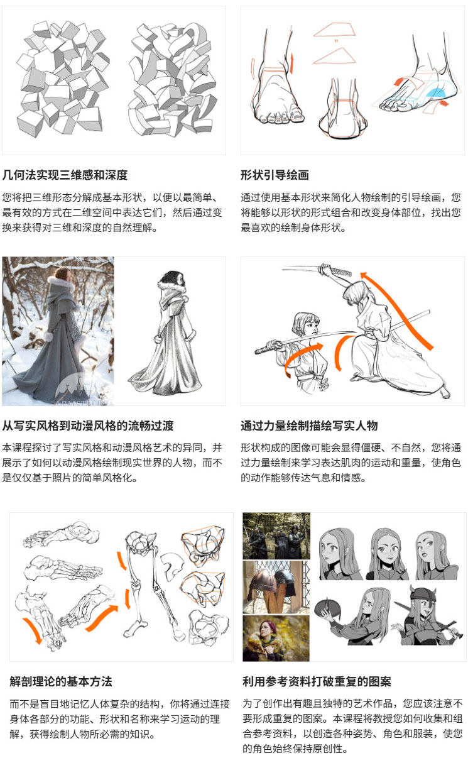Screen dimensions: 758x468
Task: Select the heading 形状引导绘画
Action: pyautogui.click(x=275, y=175)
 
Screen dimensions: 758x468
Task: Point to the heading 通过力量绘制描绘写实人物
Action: pyautogui.click(x=309, y=426)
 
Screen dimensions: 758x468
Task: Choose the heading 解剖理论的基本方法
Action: pyautogui.click(x=61, y=681)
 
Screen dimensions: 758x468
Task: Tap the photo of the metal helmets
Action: pyautogui.click(x=276, y=587)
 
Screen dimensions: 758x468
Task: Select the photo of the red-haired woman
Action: pyautogui.click(x=276, y=637)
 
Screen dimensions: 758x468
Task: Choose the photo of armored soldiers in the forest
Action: pyautogui.click(x=276, y=536)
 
